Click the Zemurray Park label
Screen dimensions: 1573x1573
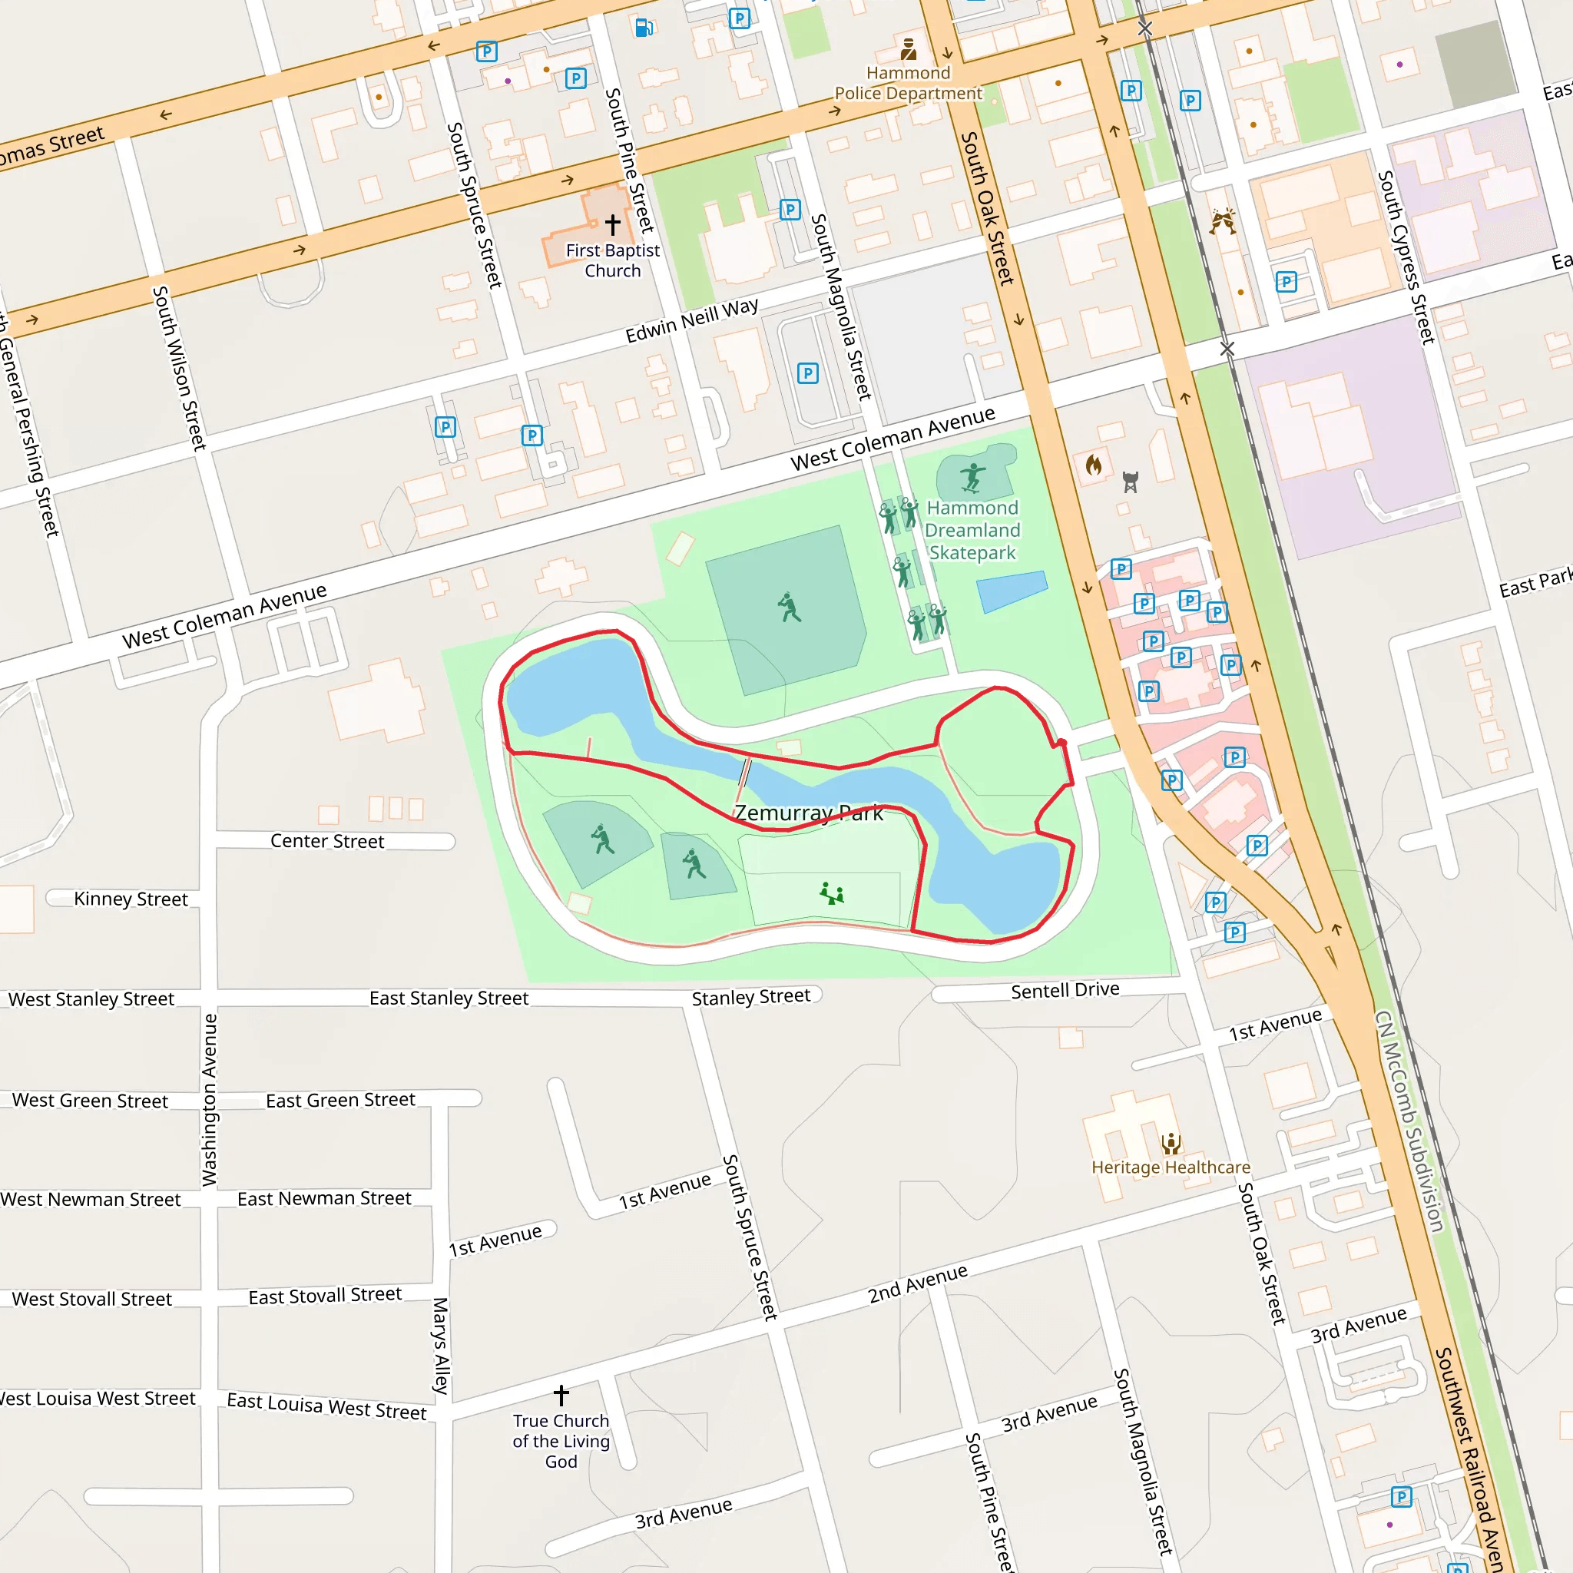[x=809, y=813]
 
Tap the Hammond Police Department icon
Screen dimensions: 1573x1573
[x=909, y=50]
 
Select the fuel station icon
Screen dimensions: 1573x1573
[x=643, y=28]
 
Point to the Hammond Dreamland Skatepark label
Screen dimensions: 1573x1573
[x=972, y=530]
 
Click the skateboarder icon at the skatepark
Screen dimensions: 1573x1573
[x=972, y=477]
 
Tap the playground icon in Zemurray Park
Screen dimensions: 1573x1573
[x=831, y=894]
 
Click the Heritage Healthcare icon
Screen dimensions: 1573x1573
[x=1171, y=1144]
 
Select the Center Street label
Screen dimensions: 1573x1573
[x=326, y=841]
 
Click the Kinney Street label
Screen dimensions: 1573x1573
[x=131, y=899]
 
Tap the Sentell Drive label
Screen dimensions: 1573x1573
[x=1065, y=990]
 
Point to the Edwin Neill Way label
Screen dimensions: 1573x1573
[x=692, y=321]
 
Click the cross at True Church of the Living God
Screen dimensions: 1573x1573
[x=561, y=1395]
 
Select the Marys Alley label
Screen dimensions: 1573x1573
[x=440, y=1346]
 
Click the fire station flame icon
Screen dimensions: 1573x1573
[x=1094, y=465]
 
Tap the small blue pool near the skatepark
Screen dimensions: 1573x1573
[x=1012, y=591]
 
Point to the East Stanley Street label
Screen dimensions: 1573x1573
[x=449, y=998]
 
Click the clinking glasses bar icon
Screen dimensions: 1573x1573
[x=1222, y=220]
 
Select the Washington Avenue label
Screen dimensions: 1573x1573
[x=210, y=1099]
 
